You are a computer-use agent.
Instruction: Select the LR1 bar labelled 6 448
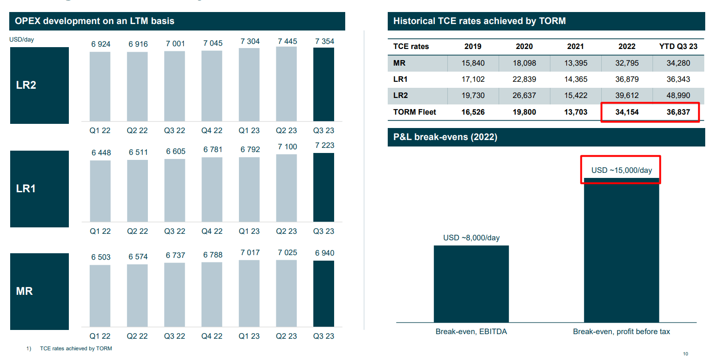click(x=100, y=191)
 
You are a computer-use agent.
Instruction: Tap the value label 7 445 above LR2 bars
click(x=287, y=42)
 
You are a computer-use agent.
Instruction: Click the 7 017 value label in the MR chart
click(x=250, y=253)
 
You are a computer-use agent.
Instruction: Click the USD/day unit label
click(x=22, y=40)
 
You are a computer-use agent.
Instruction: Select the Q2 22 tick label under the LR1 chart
click(x=137, y=231)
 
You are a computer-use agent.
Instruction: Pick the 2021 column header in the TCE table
click(x=576, y=46)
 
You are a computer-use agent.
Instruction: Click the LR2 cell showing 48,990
click(x=678, y=96)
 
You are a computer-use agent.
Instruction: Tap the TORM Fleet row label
click(x=415, y=112)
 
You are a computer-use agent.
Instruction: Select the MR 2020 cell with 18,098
click(x=524, y=63)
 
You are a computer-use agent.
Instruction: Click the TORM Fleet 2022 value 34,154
click(x=627, y=112)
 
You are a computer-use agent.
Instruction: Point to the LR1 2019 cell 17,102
click(x=473, y=79)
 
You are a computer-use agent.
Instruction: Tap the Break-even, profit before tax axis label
click(x=621, y=331)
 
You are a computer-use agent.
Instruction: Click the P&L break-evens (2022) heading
click(x=445, y=137)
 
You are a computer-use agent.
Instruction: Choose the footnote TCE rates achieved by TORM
click(x=76, y=348)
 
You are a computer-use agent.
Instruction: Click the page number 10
click(x=685, y=354)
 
